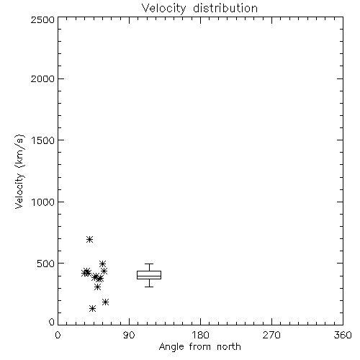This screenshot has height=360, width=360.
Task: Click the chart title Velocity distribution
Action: (199, 9)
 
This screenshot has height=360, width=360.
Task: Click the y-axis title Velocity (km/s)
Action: (19, 171)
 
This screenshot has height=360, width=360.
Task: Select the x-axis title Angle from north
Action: (199, 347)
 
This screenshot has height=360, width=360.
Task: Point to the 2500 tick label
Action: (42, 19)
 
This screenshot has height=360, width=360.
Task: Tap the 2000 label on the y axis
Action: (42, 78)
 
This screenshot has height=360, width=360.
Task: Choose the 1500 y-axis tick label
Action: (43, 140)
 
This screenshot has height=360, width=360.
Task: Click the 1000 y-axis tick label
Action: (43, 202)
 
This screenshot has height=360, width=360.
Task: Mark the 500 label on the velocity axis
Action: (46, 264)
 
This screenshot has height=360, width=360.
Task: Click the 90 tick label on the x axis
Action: (129, 335)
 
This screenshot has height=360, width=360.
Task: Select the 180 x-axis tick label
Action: (200, 335)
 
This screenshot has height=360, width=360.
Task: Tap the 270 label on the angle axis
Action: (271, 335)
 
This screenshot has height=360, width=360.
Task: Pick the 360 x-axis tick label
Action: (343, 335)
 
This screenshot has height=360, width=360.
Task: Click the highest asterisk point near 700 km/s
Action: (89, 239)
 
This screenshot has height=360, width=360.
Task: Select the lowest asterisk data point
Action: (92, 309)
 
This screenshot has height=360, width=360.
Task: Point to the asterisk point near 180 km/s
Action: (105, 302)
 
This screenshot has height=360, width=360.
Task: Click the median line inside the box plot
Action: (149, 276)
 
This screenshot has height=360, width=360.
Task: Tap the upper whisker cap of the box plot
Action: (149, 264)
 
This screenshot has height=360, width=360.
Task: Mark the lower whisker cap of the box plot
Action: (149, 287)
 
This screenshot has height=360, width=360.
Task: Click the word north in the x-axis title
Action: (229, 347)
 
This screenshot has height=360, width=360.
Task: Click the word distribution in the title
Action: (225, 8)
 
